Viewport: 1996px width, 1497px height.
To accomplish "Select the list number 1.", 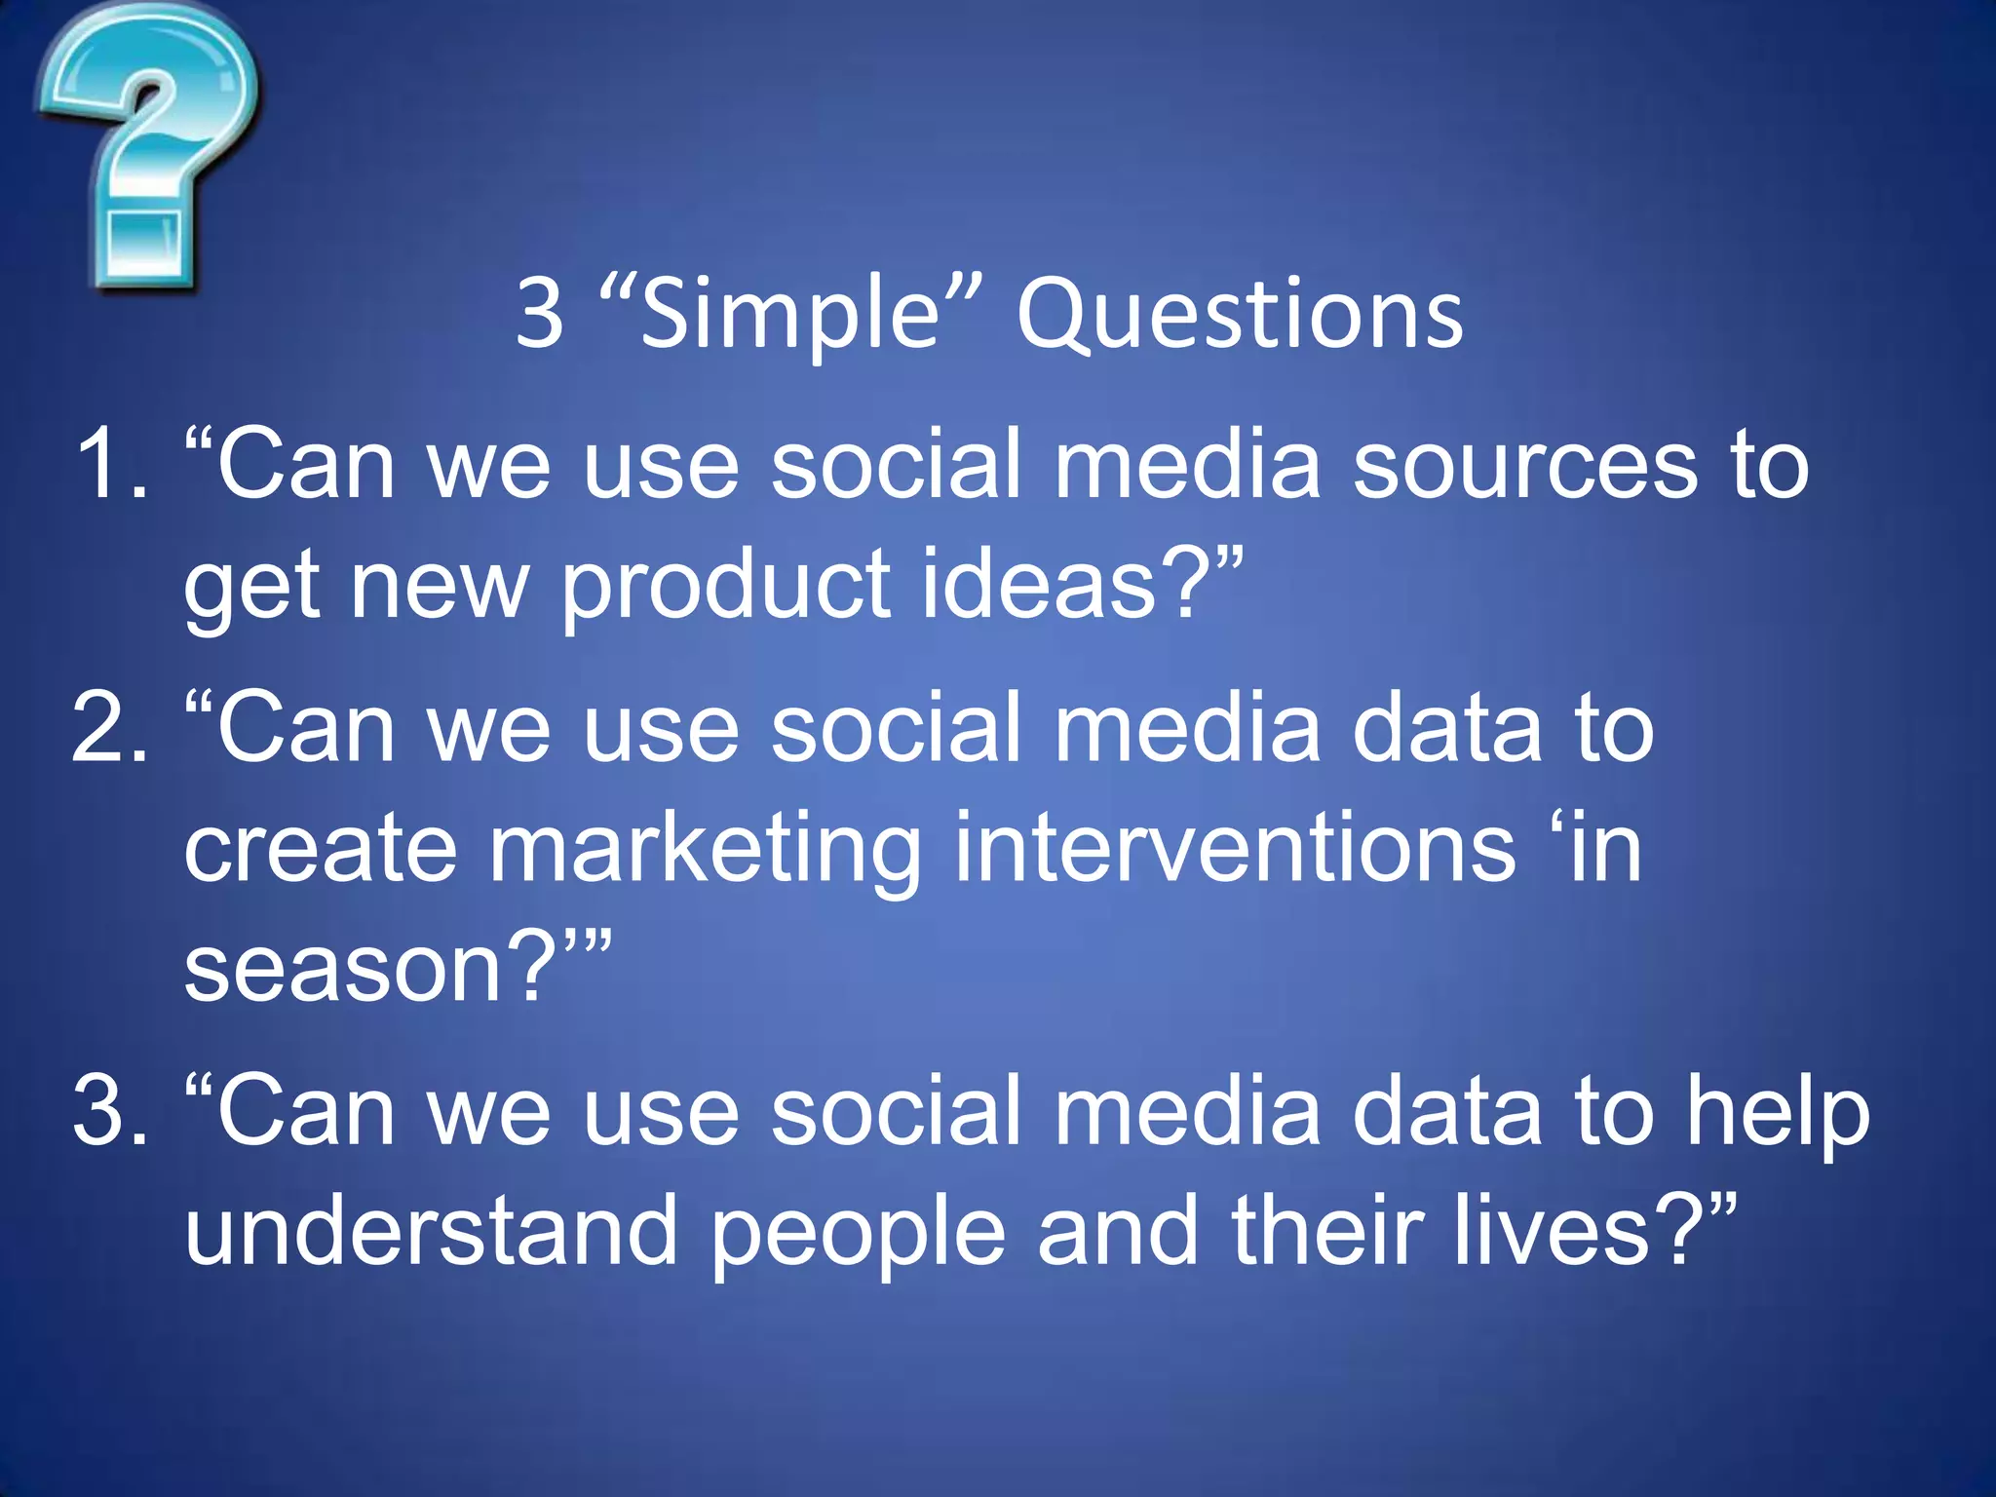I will tap(109, 466).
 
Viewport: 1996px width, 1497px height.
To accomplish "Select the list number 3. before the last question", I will tap(109, 1110).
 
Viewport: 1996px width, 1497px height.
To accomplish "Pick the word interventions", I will tap(1235, 848).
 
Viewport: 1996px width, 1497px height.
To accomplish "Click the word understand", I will tap(431, 1230).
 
